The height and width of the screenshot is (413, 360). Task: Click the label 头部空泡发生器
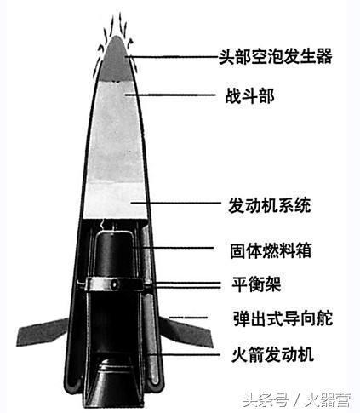point(275,56)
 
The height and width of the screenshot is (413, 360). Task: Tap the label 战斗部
point(249,96)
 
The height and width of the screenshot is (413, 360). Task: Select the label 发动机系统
point(269,205)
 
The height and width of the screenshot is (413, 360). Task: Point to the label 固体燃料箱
point(271,250)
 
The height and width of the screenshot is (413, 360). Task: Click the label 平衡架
point(256,284)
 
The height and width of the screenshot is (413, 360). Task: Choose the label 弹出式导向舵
point(283,318)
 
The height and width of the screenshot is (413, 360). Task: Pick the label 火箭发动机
point(272,354)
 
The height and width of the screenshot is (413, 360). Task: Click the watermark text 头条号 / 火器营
point(297,399)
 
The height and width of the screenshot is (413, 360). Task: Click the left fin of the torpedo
point(43,331)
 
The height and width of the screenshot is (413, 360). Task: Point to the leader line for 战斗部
point(170,95)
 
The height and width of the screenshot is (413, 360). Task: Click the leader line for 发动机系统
point(175,203)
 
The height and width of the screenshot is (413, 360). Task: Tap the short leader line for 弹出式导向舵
point(188,318)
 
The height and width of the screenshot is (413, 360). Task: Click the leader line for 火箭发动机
point(184,354)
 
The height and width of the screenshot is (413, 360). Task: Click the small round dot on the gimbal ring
point(114,284)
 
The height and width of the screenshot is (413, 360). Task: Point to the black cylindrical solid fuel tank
point(115,254)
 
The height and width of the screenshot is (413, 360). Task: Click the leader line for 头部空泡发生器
point(173,57)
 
